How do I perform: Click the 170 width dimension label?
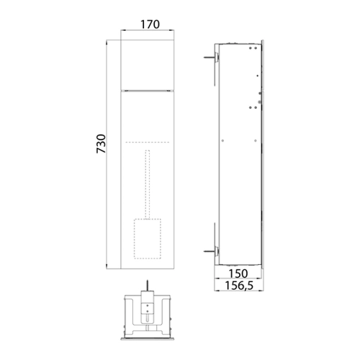point(150,24)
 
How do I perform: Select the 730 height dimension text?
point(101,144)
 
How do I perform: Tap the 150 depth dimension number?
point(238,274)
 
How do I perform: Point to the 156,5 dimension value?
point(239,285)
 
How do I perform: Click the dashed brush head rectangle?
point(148,239)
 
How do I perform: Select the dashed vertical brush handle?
point(148,184)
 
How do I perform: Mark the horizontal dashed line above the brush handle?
point(148,143)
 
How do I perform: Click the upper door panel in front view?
point(148,65)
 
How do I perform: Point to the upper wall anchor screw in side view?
point(211,58)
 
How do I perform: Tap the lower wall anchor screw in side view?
point(211,251)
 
